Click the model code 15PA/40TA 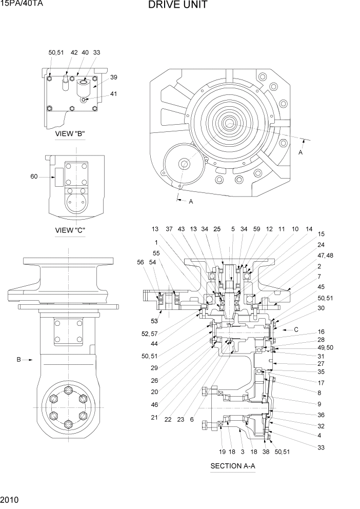pos(21,5)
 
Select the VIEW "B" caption pos(70,134)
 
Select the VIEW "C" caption pos(70,230)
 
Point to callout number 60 pos(34,177)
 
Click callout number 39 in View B pos(113,77)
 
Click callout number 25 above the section pos(217,229)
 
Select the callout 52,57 pos(149,334)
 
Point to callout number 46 pos(154,405)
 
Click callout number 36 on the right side pos(321,415)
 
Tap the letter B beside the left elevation pos(19,360)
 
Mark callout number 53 pos(154,321)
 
